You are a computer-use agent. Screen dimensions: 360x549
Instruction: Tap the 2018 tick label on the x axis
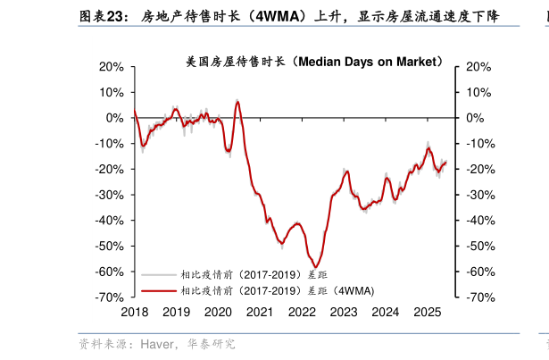134,312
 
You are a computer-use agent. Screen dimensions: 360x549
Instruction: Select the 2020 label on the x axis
218,312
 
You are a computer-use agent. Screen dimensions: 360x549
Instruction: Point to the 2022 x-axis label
302,312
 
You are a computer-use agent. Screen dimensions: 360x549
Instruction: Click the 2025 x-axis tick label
428,312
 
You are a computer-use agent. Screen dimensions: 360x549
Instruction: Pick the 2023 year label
344,312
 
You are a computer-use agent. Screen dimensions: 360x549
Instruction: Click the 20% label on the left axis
111,66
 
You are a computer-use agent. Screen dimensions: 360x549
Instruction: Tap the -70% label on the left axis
108,297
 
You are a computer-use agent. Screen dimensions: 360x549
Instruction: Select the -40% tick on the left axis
108,221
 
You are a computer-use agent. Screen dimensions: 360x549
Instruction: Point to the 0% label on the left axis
115,118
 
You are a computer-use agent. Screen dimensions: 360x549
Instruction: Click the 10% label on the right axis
478,92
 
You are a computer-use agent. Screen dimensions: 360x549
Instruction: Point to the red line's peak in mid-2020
237,101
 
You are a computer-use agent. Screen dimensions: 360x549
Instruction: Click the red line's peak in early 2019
176,109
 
